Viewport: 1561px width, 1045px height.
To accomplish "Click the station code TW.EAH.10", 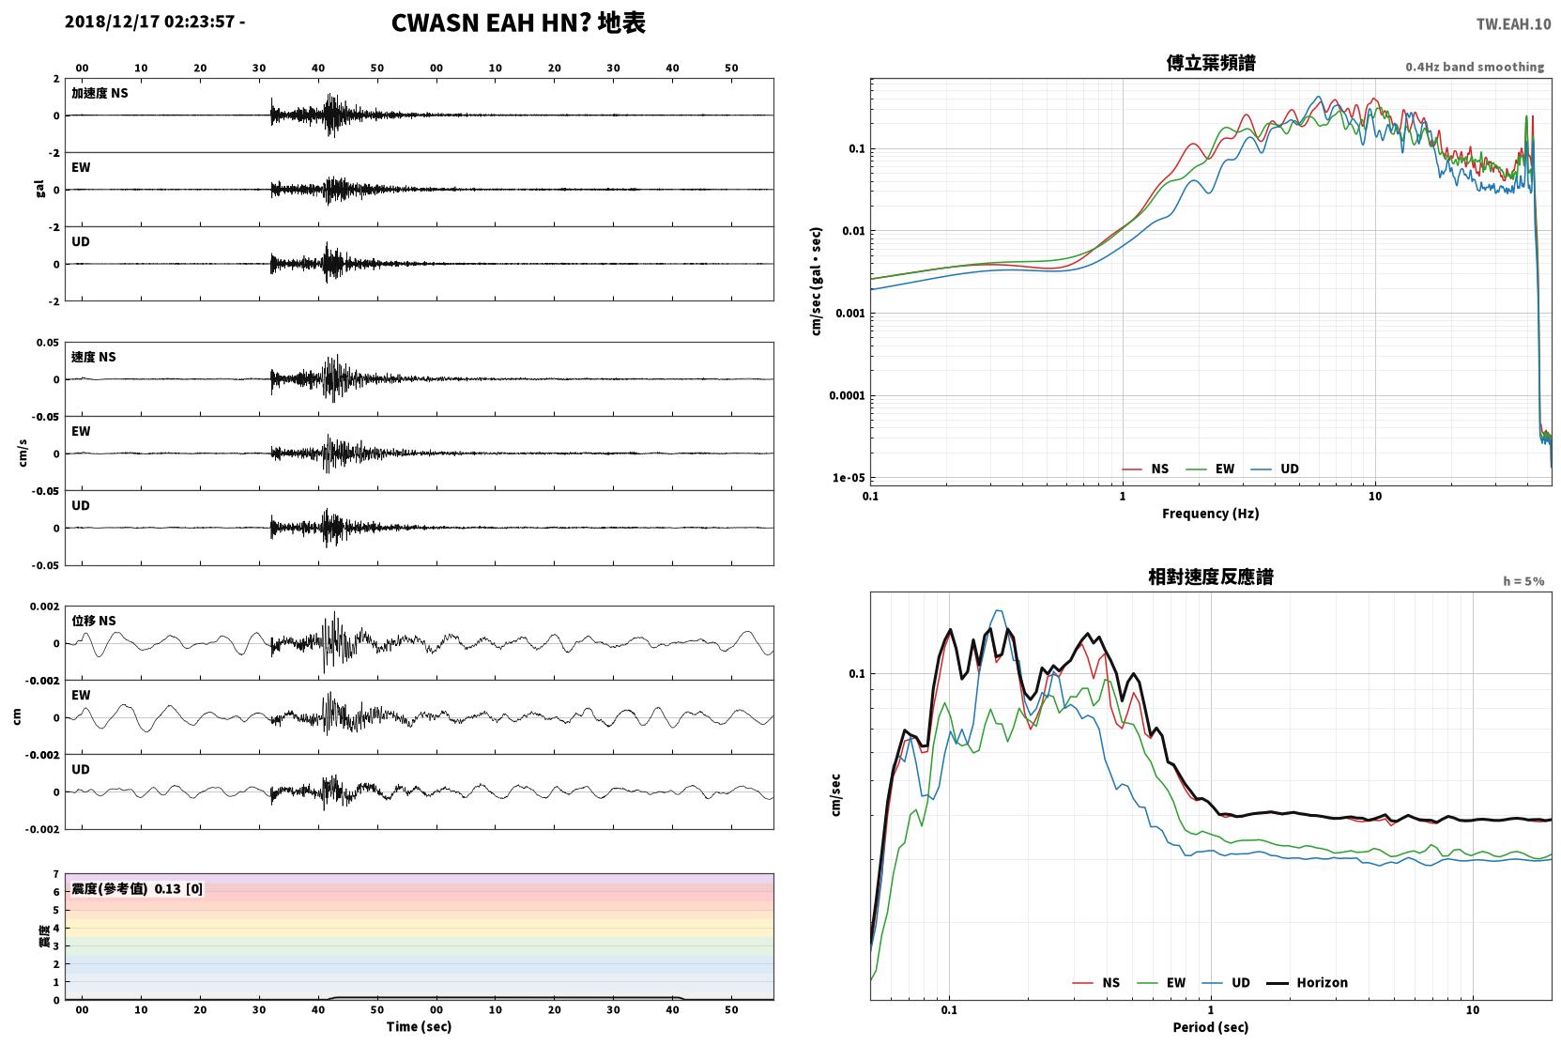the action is tap(1514, 24).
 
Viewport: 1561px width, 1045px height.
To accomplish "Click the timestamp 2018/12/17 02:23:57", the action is tap(150, 22).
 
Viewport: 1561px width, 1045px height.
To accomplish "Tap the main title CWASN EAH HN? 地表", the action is tap(518, 23).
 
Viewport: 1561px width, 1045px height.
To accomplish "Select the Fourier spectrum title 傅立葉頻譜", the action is tap(1211, 64).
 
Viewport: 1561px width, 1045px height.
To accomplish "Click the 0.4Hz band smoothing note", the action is tap(1475, 67).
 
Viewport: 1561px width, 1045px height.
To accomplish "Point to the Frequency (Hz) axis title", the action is tap(1211, 514).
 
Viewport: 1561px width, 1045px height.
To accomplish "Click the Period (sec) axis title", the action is tap(1211, 1027).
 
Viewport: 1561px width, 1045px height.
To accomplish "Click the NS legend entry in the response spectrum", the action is tap(1096, 983).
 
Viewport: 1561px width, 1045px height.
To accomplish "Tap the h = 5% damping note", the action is tap(1523, 581).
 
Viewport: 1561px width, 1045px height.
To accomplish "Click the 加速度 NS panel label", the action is tap(99, 93).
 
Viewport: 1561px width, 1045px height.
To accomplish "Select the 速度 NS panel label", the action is tap(93, 357).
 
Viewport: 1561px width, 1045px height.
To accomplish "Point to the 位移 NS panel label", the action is tap(93, 621).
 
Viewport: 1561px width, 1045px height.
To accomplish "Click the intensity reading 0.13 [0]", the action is tap(178, 889).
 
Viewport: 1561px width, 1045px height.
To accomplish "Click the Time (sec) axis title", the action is tap(419, 1027).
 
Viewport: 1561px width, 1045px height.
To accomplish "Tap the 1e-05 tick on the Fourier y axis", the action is tap(849, 478).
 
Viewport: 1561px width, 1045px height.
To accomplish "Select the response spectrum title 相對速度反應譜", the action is tap(1211, 577).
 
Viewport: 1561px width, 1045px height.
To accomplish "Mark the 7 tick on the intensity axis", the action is tap(56, 874).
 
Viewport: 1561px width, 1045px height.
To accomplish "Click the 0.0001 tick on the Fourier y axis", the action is tap(847, 396).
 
